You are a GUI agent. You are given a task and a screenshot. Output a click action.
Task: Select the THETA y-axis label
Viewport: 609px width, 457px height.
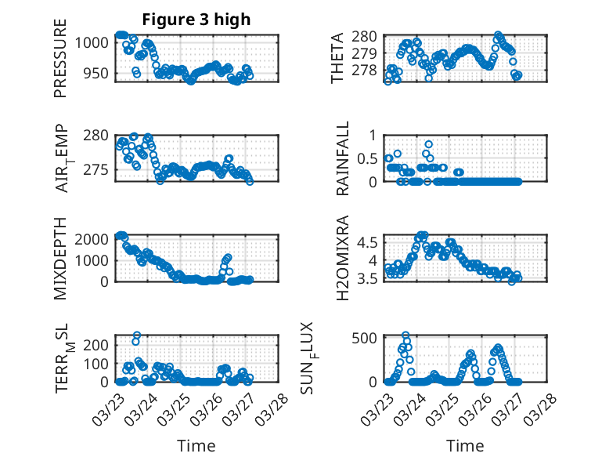[337, 58]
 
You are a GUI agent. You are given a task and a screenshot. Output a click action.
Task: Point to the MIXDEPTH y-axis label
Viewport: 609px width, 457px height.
[60, 259]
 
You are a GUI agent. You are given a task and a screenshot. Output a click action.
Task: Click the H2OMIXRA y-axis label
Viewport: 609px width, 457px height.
[343, 259]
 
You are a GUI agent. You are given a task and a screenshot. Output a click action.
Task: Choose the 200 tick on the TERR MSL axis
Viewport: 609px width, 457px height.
[96, 345]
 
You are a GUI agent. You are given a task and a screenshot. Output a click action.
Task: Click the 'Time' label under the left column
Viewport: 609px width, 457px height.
[196, 445]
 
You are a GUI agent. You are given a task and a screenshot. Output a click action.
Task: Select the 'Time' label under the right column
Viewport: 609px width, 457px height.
[465, 445]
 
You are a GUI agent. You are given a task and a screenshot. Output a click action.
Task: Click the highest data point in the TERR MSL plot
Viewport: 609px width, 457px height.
[136, 335]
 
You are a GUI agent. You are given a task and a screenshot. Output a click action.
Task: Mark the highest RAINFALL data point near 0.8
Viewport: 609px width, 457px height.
[428, 144]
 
